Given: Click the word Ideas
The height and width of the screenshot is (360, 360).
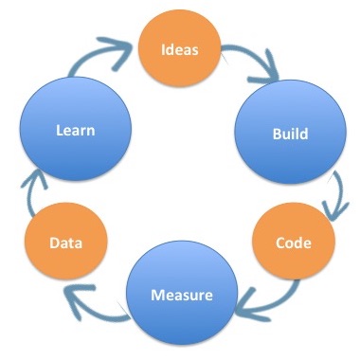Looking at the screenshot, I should pyautogui.click(x=181, y=49).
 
